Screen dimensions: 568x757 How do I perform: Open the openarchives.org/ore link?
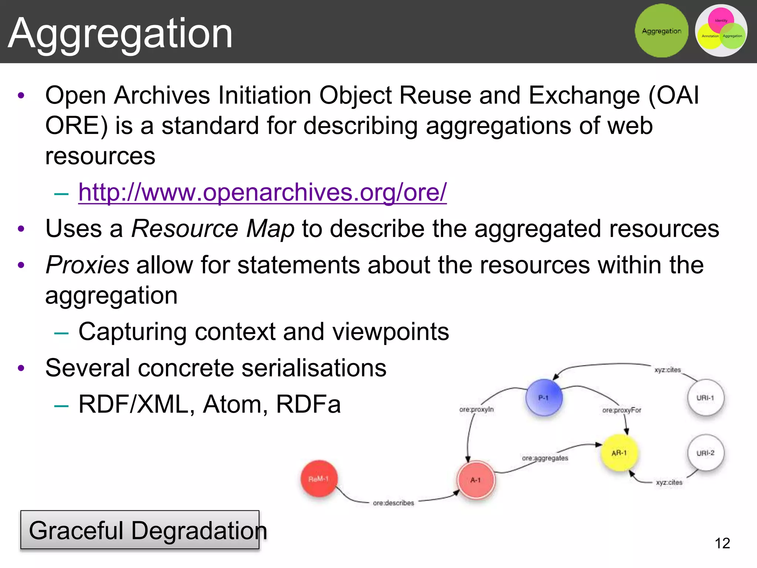[x=262, y=192]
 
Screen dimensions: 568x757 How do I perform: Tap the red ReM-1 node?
[x=319, y=479]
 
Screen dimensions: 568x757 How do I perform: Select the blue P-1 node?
[x=544, y=398]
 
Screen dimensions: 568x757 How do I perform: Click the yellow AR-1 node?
[x=619, y=453]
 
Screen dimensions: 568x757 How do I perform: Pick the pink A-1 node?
[x=476, y=480]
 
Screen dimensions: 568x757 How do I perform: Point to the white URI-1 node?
[x=705, y=398]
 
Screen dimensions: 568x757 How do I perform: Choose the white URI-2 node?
[x=705, y=453]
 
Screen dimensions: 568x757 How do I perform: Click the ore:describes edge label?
[x=393, y=503]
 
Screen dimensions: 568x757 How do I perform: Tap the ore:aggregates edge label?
[x=545, y=458]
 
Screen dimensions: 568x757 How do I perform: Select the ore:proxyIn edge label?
[x=476, y=409]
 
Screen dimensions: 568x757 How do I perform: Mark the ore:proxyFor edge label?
[x=621, y=410]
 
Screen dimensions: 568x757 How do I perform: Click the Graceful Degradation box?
[x=140, y=530]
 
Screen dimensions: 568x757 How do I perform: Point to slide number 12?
[x=722, y=543]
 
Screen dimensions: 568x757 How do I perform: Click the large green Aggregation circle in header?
[x=661, y=31]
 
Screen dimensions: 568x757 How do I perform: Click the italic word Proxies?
[x=87, y=265]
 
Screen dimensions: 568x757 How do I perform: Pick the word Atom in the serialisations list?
[x=232, y=404]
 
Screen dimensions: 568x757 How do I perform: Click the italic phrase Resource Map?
[x=213, y=229]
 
